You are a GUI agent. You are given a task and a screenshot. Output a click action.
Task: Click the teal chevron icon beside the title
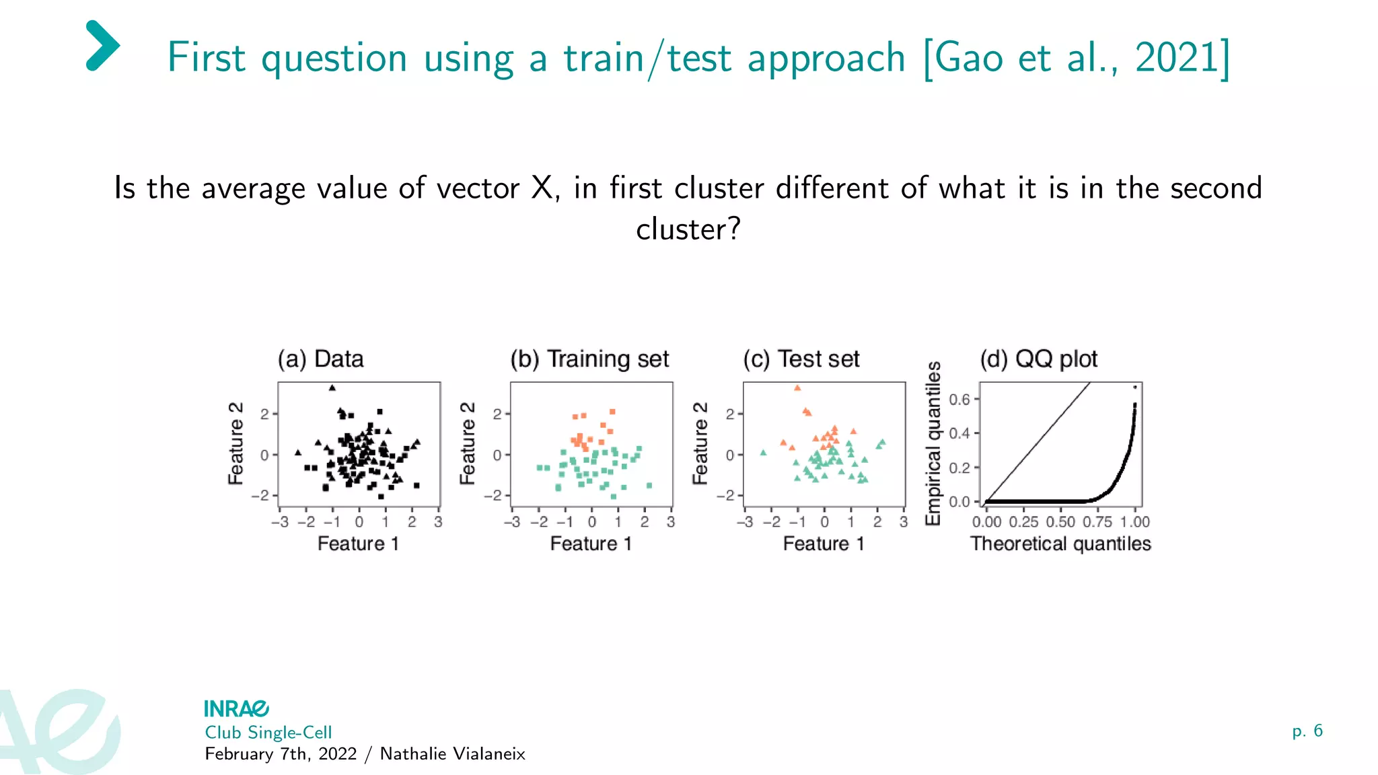(x=102, y=46)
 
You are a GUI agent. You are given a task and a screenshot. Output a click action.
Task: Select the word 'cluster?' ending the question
(x=688, y=229)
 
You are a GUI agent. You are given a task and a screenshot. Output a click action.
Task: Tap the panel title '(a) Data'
(x=321, y=359)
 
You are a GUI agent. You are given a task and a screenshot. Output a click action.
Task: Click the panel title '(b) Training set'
(x=589, y=359)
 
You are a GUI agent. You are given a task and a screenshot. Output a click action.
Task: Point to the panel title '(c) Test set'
(x=801, y=359)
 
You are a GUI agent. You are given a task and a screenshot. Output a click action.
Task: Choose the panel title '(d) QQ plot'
(x=1038, y=359)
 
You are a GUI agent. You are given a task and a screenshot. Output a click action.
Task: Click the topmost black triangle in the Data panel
(x=332, y=387)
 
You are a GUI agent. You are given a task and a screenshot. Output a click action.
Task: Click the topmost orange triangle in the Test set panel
(x=797, y=388)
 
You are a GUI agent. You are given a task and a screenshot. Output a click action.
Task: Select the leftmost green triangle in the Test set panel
(x=763, y=453)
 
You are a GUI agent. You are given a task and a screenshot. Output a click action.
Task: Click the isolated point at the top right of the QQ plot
(x=1135, y=387)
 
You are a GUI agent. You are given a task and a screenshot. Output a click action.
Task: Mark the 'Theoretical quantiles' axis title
(x=1060, y=544)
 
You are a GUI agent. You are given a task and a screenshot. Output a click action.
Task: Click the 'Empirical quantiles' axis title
(x=933, y=443)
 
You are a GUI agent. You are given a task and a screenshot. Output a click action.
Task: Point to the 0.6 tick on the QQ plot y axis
(x=959, y=400)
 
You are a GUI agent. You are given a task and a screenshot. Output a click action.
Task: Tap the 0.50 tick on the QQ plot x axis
(x=1060, y=522)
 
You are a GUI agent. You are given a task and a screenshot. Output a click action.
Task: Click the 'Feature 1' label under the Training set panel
(x=591, y=544)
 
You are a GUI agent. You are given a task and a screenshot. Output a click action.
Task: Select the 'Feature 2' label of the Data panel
(x=235, y=443)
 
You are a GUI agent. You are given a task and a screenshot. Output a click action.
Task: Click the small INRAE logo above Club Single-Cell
(x=236, y=708)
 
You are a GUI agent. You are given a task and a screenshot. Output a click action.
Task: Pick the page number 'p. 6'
(x=1307, y=731)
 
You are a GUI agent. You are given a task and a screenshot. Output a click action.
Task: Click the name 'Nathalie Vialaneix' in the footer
(x=452, y=753)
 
